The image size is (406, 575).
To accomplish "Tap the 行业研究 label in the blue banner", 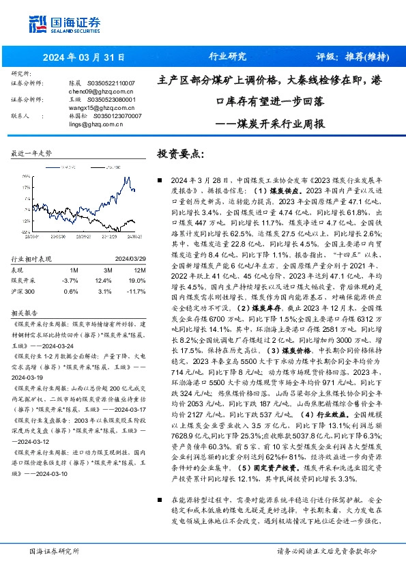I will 227,57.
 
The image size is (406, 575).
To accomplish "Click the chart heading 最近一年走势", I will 31,154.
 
